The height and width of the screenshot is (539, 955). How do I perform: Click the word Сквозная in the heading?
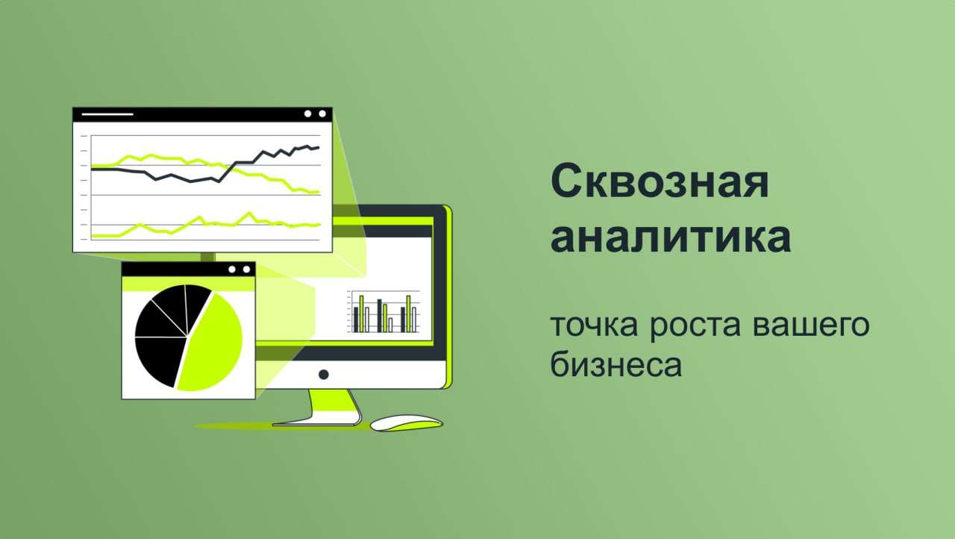(x=660, y=181)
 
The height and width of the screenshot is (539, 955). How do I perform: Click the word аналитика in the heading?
(x=671, y=236)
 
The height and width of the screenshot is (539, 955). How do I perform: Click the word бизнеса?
(x=616, y=364)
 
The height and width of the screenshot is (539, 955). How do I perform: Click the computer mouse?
(x=407, y=423)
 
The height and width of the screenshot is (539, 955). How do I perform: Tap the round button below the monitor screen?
(x=324, y=375)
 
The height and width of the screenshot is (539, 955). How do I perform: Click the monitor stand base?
(x=316, y=424)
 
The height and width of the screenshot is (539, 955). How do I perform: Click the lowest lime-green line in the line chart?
(x=205, y=225)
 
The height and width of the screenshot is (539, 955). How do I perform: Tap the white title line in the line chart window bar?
(x=107, y=114)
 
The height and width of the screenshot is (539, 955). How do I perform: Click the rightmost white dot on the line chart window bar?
(x=322, y=114)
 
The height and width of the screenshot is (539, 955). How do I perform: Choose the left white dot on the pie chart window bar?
(x=232, y=269)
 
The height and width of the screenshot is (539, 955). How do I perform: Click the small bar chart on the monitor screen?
(x=384, y=312)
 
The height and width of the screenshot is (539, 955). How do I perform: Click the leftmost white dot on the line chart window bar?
(x=308, y=114)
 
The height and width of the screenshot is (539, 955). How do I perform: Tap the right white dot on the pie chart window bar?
(x=246, y=269)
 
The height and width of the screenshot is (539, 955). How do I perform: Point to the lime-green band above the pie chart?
(x=189, y=284)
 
